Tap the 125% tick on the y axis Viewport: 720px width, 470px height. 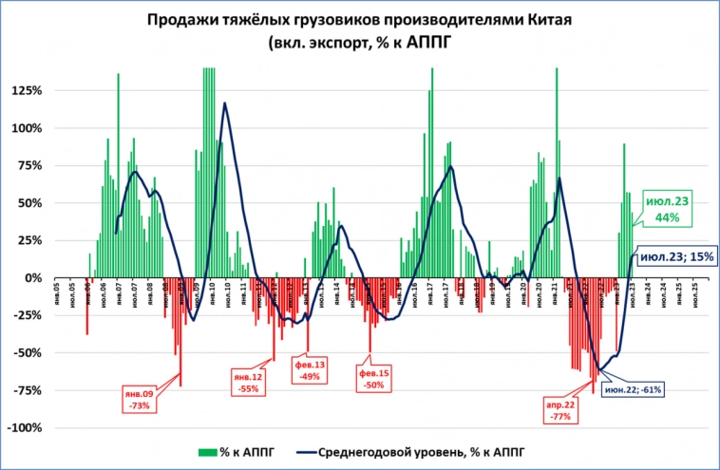pyautogui.click(x=26, y=91)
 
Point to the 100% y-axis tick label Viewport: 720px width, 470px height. pyautogui.click(x=26, y=128)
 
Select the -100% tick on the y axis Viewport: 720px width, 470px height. pyautogui.click(x=24, y=427)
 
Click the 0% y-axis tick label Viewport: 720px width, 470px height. pyautogui.click(x=32, y=278)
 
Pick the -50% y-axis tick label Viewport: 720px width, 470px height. pyautogui.click(x=27, y=352)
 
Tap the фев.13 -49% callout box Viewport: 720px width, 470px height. pyautogui.click(x=311, y=370)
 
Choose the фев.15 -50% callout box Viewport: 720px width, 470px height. pyautogui.click(x=373, y=379)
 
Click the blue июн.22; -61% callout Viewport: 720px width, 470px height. pyautogui.click(x=634, y=388)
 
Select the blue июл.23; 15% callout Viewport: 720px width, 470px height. pyautogui.click(x=675, y=256)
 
